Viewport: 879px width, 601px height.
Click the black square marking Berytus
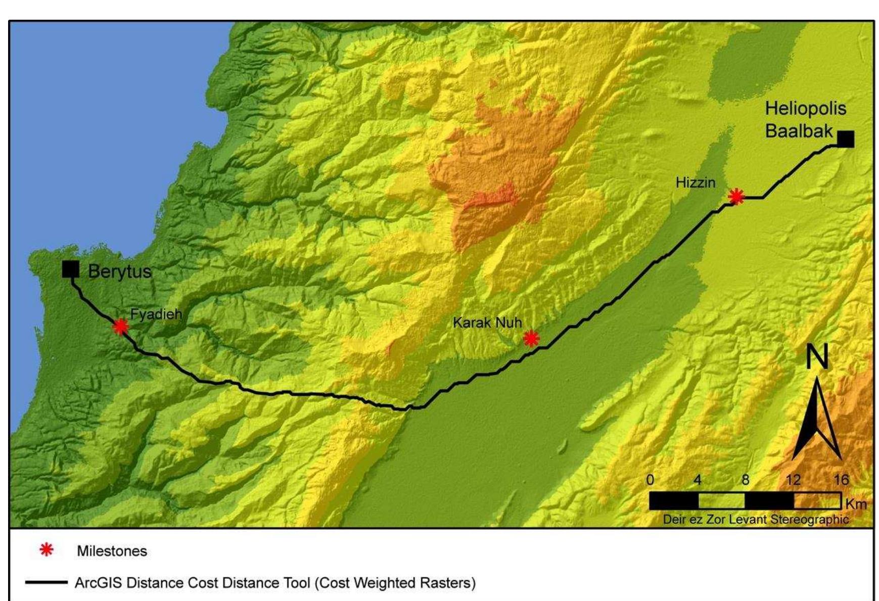[x=71, y=269]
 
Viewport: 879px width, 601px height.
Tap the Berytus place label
[x=120, y=272]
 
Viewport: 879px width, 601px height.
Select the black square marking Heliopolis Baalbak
[x=846, y=139]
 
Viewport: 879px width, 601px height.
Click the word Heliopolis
[x=805, y=109]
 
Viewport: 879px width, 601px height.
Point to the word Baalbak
[x=799, y=131]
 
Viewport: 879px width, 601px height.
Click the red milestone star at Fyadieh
[x=120, y=327]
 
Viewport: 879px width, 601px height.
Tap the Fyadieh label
[x=156, y=314]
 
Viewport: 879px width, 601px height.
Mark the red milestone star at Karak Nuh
[x=531, y=338]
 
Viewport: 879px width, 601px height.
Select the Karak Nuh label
[x=487, y=322]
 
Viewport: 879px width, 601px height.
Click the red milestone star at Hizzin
[x=736, y=196]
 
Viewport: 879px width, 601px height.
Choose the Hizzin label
[x=696, y=183]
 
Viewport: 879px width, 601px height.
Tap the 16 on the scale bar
[x=841, y=480]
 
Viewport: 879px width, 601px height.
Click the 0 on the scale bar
[x=651, y=480]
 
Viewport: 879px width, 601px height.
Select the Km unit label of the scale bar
[x=855, y=504]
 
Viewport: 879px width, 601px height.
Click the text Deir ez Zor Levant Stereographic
[x=756, y=520]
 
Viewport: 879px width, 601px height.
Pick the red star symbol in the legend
[x=47, y=550]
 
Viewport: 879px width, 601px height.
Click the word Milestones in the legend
[x=112, y=551]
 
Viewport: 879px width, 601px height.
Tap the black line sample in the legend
[x=46, y=583]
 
